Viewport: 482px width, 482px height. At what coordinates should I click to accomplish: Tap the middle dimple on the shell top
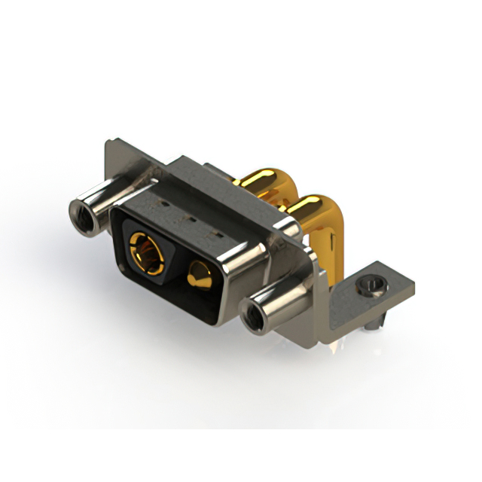coord(189,221)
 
